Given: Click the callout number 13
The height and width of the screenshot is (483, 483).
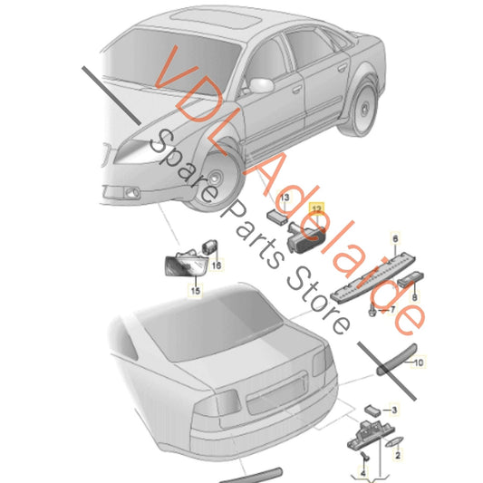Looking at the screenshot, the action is pyautogui.click(x=285, y=198).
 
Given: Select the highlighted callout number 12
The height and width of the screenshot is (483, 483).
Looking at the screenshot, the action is pyautogui.click(x=316, y=209).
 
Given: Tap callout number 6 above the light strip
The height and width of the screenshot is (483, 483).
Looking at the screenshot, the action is pyautogui.click(x=395, y=238).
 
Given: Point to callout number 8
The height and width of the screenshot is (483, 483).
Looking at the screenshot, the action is pyautogui.click(x=415, y=297).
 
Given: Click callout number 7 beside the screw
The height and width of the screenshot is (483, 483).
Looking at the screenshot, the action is pyautogui.click(x=392, y=309).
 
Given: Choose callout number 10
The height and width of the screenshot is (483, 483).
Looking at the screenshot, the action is pyautogui.click(x=419, y=362).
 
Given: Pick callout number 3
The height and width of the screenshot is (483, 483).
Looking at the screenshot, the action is pyautogui.click(x=394, y=411).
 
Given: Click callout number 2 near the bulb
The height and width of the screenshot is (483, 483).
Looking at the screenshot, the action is pyautogui.click(x=398, y=455).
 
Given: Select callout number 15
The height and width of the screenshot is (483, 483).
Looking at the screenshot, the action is pyautogui.click(x=196, y=291).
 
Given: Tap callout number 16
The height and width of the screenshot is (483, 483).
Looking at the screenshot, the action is pyautogui.click(x=217, y=265).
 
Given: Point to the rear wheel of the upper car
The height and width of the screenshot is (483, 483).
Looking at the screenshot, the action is pyautogui.click(x=362, y=107).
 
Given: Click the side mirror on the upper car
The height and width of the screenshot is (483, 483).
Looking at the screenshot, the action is pyautogui.click(x=261, y=85).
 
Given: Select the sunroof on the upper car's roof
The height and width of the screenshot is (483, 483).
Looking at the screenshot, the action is pyautogui.click(x=217, y=18).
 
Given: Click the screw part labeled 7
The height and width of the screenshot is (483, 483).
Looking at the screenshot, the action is pyautogui.click(x=372, y=310).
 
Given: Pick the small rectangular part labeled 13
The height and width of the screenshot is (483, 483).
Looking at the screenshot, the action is pyautogui.click(x=277, y=217).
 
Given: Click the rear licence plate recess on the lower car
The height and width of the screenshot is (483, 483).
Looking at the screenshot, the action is pyautogui.click(x=277, y=393).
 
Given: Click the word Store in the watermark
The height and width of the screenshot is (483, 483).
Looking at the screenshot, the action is pyautogui.click(x=319, y=301).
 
